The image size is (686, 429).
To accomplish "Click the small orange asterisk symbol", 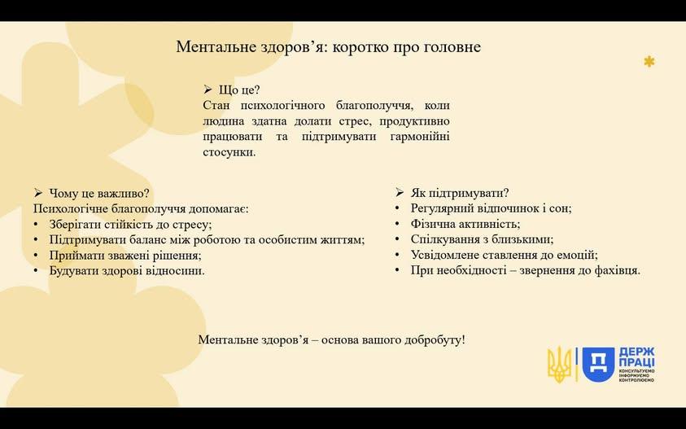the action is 649,62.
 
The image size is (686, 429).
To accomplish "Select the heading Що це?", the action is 239,90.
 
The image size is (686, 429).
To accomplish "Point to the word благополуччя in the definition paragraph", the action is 372,106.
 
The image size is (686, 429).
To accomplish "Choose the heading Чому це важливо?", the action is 99,193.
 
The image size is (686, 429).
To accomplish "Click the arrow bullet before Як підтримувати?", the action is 399,193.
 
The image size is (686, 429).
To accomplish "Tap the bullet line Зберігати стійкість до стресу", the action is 130,225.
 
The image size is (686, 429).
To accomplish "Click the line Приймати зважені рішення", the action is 125,256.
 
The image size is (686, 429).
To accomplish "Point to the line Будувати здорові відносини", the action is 127,270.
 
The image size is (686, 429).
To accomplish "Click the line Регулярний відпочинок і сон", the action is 491,208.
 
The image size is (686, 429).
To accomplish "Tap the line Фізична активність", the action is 465,224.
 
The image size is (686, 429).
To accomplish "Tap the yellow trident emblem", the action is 559,364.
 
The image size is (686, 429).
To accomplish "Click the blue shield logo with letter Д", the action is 598,364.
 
